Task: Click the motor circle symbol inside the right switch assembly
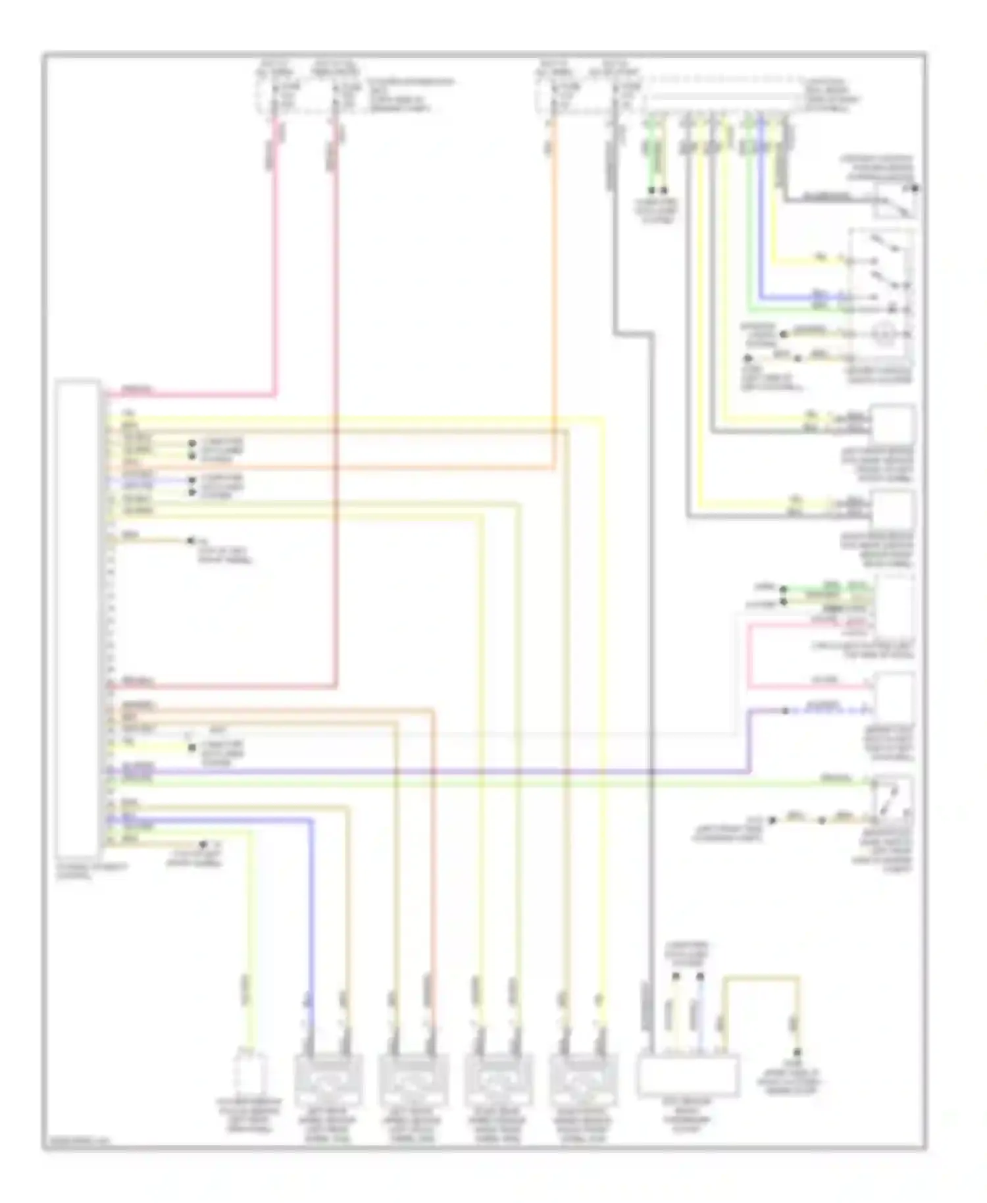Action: pyautogui.click(x=882, y=334)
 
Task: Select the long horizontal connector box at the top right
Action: pyautogui.click(x=722, y=101)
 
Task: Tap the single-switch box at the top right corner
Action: pyautogui.click(x=895, y=201)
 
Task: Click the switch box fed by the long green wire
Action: pyautogui.click(x=892, y=798)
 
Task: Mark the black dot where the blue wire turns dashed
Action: pyautogui.click(x=785, y=711)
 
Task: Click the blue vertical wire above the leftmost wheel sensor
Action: pyautogui.click(x=311, y=921)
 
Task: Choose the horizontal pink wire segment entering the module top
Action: pyautogui.click(x=191, y=397)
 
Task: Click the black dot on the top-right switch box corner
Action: pyautogui.click(x=915, y=188)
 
